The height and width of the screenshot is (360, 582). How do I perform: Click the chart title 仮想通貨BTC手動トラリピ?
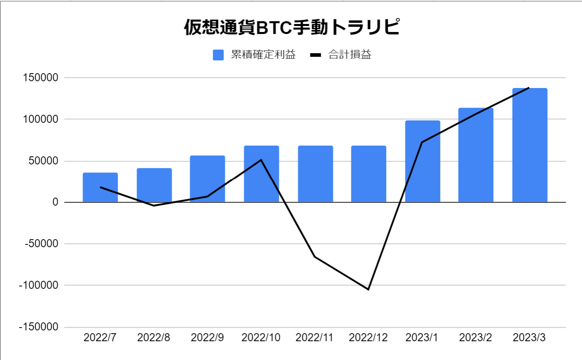pyautogui.click(x=291, y=27)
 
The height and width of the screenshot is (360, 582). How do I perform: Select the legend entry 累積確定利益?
pyautogui.click(x=263, y=54)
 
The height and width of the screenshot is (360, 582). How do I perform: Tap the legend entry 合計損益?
pyautogui.click(x=349, y=54)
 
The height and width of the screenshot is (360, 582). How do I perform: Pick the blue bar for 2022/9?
pyautogui.click(x=207, y=179)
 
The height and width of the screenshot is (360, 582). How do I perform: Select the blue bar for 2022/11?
pyautogui.click(x=315, y=174)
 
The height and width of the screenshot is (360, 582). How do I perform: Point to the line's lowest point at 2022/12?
pyautogui.click(x=368, y=289)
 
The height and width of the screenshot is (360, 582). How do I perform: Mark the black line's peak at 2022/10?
pyautogui.click(x=261, y=160)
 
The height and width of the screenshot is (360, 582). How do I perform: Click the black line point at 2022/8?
pyautogui.click(x=154, y=206)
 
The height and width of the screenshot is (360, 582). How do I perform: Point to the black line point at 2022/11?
pyautogui.click(x=315, y=257)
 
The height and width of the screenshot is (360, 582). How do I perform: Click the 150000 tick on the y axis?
pyautogui.click(x=41, y=78)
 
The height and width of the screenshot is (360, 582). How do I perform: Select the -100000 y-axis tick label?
pyautogui.click(x=39, y=285)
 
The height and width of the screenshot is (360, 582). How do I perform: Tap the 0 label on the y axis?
pyautogui.click(x=55, y=202)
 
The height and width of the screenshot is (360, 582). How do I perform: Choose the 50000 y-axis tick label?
pyautogui.click(x=43, y=161)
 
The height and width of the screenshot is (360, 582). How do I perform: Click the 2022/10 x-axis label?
pyautogui.click(x=261, y=338)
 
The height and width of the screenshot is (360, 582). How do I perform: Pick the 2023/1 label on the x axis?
pyautogui.click(x=422, y=338)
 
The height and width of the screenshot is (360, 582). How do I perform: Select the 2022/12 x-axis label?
pyautogui.click(x=368, y=338)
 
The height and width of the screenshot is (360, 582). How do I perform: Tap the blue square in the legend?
pyautogui.click(x=218, y=55)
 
